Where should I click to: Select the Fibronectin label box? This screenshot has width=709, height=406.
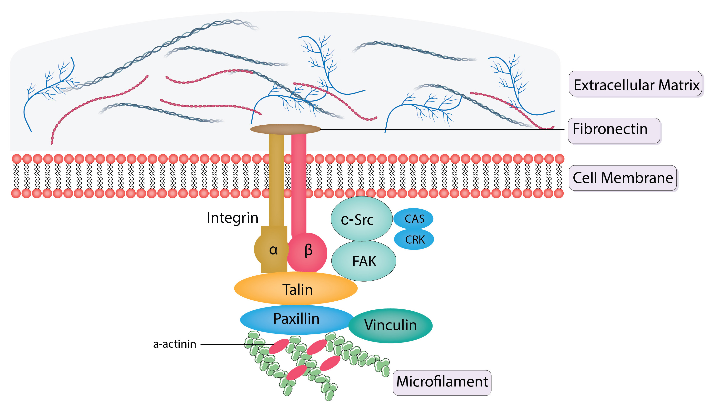pos(614,131)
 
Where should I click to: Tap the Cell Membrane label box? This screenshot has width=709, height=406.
pos(623,178)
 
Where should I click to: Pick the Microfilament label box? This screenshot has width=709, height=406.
pos(442,383)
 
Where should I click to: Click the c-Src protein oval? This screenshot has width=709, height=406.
pos(361,219)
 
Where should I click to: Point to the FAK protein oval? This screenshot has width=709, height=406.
pos(364,261)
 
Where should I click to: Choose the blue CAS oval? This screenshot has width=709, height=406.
pos(413,219)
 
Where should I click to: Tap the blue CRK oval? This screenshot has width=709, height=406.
pos(414,240)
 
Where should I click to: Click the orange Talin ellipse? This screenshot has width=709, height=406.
pos(296,289)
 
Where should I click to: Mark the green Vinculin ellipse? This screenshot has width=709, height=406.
pos(390,325)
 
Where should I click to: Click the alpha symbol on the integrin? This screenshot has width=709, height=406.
pos(273,250)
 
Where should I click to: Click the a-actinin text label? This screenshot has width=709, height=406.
pos(175,344)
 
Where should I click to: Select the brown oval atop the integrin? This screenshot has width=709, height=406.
pos(285,129)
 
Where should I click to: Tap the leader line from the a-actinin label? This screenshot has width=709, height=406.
pos(234,344)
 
